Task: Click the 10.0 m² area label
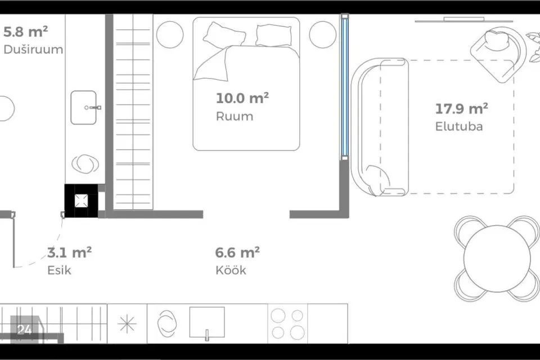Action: pos(242,98)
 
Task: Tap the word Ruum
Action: pos(235,116)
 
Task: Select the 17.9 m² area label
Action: pos(461,109)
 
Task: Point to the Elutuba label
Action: pos(459,127)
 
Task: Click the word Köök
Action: pos(231,270)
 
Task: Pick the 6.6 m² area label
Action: pos(237,253)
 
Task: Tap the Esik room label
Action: pos(59,270)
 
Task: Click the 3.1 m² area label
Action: pos(69,253)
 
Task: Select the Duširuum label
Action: pos(33,49)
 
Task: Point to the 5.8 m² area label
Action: pos(25,31)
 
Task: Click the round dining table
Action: pos(497,259)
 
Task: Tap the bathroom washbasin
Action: pos(84,107)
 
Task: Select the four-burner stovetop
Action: pos(287,324)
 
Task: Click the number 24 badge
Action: pos(24,330)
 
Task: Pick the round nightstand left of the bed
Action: pos(170,34)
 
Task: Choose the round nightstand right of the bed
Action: pos(323,34)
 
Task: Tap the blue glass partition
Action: pos(345,87)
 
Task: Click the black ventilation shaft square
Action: pos(81,201)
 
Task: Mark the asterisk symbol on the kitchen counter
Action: pos(127,324)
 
